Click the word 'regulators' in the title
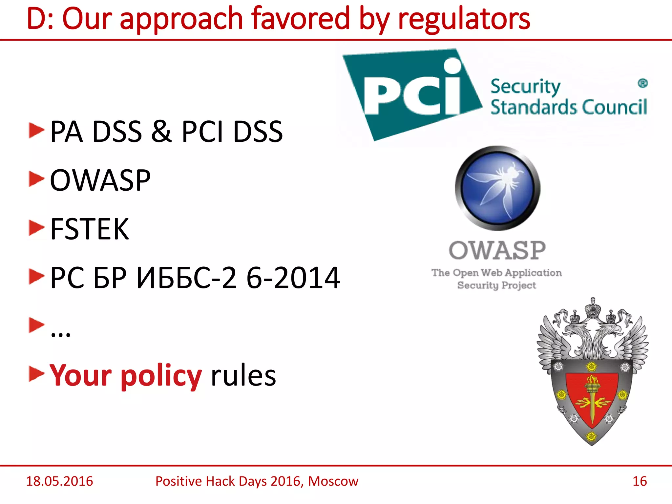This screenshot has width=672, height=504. click(464, 19)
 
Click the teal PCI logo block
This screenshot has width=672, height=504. click(410, 94)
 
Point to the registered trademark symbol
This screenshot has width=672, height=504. click(642, 83)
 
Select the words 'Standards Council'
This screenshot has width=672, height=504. click(568, 107)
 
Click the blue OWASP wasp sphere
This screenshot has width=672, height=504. click(497, 188)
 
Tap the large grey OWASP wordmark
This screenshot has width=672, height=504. click(497, 250)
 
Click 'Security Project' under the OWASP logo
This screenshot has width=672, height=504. click(496, 285)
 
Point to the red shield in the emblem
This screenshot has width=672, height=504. click(592, 399)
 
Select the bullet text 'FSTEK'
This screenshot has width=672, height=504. click(90, 229)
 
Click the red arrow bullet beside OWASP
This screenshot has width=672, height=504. click(36, 179)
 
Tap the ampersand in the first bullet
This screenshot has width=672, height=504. click(161, 131)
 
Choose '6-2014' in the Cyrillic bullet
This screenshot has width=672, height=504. click(293, 278)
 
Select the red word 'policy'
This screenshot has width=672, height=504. click(161, 376)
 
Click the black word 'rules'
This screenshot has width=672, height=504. click(243, 376)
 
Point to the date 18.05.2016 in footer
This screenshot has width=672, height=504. click(59, 481)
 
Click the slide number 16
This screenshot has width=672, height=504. click(639, 481)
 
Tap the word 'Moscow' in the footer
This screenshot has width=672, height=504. click(333, 481)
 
